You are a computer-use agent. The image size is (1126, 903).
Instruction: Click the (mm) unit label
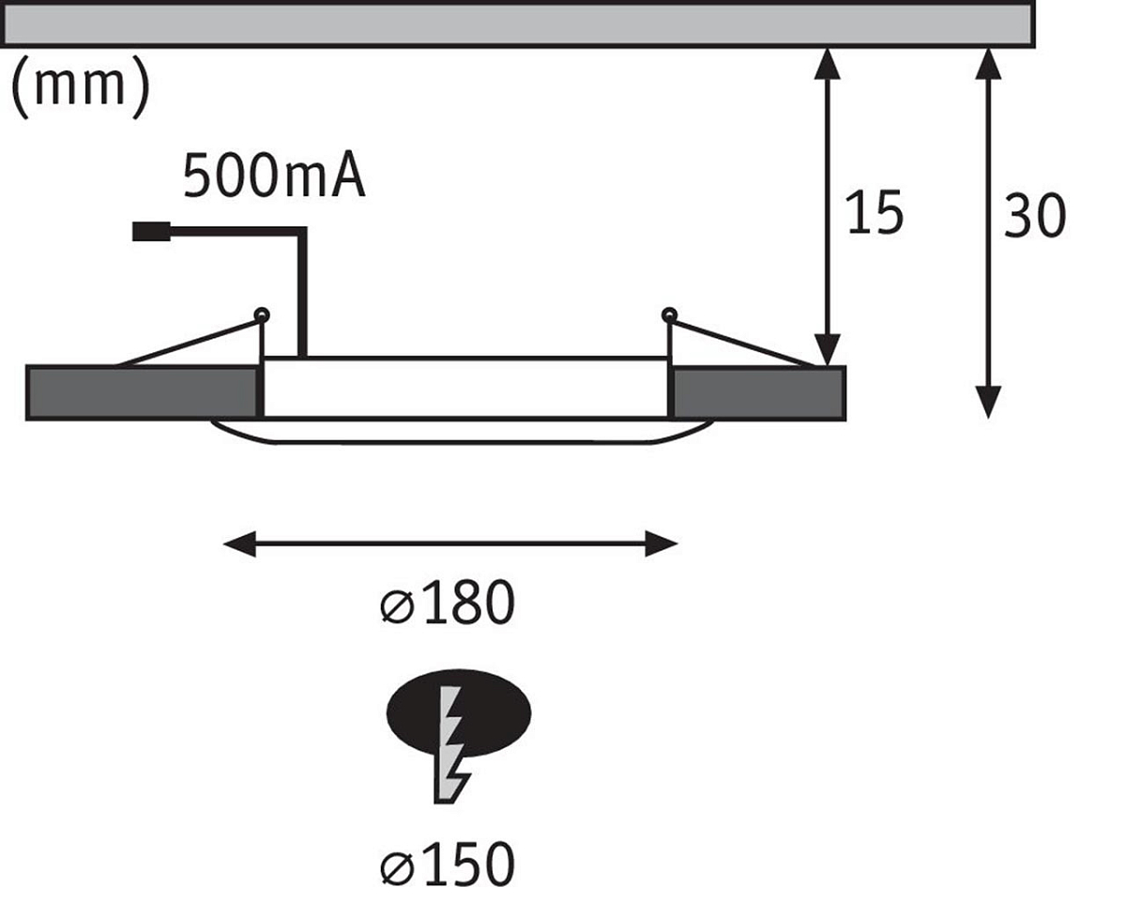79,87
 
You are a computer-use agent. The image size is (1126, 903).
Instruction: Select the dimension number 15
874,213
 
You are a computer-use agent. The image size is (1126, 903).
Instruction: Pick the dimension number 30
1034,216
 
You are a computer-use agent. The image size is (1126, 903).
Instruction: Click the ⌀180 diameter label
449,604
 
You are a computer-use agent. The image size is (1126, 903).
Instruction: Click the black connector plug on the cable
151,232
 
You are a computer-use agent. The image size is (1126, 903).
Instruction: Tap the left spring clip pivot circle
262,314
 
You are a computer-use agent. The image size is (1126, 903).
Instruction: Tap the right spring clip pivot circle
668,314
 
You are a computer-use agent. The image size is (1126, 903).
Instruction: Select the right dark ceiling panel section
759,392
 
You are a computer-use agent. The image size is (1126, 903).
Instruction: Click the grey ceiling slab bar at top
516,23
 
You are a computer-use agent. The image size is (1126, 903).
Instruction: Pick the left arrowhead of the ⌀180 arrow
238,543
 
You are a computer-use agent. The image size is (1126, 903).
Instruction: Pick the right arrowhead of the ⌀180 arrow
662,543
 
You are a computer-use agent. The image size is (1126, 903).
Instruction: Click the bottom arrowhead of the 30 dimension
987,402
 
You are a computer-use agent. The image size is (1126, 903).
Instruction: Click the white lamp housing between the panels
465,387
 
